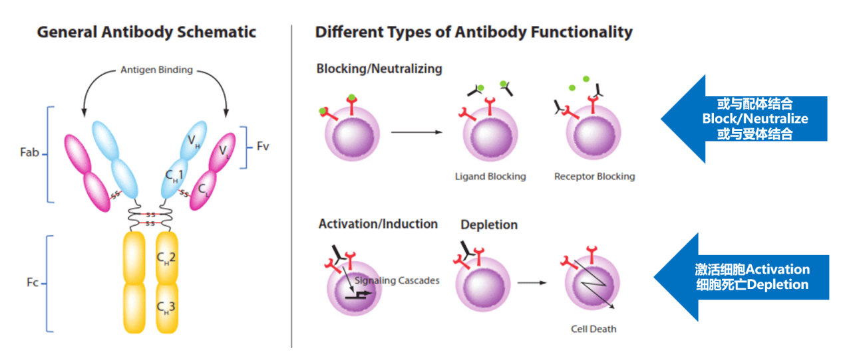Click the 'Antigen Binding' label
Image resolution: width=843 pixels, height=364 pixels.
pyautogui.click(x=156, y=70)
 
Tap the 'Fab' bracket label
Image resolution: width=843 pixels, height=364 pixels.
pyautogui.click(x=30, y=153)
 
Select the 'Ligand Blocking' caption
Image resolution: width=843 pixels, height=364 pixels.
pyautogui.click(x=490, y=177)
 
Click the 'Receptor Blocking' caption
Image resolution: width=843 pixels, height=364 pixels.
pyautogui.click(x=594, y=177)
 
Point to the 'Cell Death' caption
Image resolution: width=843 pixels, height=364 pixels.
pyautogui.click(x=593, y=329)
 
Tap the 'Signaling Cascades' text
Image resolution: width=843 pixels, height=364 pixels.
pyautogui.click(x=397, y=280)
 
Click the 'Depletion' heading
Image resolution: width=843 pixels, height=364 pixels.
pyautogui.click(x=489, y=225)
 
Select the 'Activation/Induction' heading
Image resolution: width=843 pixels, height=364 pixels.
pyautogui.click(x=378, y=224)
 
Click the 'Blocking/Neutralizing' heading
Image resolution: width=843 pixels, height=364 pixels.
pyautogui.click(x=379, y=68)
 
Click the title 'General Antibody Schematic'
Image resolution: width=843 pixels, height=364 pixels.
pyautogui.click(x=146, y=32)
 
